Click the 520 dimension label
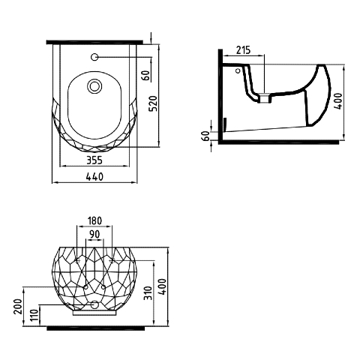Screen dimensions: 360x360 tap(153, 103)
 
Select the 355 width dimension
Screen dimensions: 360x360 tap(94, 160)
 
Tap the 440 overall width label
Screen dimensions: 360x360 tap(94, 177)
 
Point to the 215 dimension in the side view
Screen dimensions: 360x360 tap(243, 50)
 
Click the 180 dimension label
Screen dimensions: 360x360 tap(94, 220)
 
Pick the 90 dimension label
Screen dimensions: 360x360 tap(94, 234)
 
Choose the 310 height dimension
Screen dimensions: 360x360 tap(148, 293)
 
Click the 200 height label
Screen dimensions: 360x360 tap(19, 307)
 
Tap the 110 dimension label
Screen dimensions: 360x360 tap(34, 316)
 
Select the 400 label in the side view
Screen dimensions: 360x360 tap(338, 101)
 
